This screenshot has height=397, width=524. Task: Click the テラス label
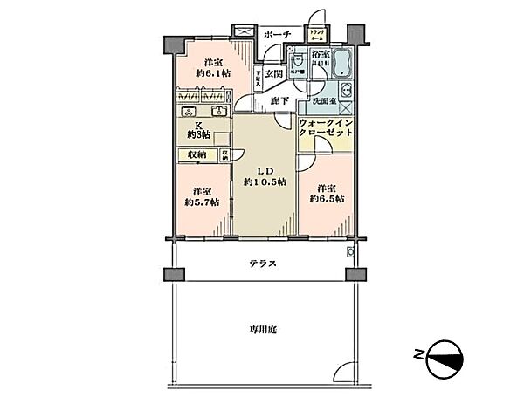[x=261, y=263]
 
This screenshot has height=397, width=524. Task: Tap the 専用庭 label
[x=261, y=329]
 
